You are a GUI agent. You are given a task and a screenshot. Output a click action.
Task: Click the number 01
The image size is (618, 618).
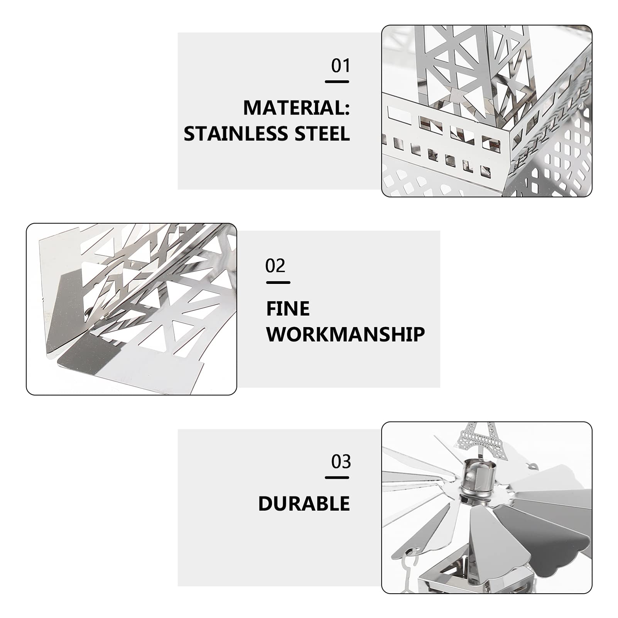tap(341, 66)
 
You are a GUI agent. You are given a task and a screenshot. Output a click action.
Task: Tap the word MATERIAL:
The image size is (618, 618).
tap(296, 108)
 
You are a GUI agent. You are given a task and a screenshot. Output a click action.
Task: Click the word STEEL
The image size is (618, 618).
tap(322, 134)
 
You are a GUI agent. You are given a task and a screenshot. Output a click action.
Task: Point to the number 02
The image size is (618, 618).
tap(275, 266)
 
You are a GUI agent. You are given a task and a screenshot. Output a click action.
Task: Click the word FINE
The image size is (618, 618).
tap(288, 309)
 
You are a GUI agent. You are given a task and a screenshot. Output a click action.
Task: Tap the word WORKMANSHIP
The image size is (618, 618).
tap(346, 334)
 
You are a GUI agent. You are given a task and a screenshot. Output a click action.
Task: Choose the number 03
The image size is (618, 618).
tap(341, 462)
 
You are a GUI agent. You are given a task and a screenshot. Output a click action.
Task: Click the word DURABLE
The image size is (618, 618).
tap(304, 504)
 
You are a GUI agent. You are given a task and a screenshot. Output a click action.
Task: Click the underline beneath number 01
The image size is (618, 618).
tap(337, 82)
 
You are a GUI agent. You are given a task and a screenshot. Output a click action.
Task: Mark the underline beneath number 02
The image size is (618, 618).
tap(278, 283)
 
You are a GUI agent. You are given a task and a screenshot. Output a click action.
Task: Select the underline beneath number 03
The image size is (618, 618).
tap(337, 478)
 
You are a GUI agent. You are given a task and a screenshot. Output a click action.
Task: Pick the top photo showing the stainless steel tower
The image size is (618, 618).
tap(486, 111)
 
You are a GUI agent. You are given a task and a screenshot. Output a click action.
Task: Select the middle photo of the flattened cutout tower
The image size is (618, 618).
tap(132, 309)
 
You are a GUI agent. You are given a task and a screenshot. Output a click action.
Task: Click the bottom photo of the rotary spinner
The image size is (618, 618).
tap(486, 507)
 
